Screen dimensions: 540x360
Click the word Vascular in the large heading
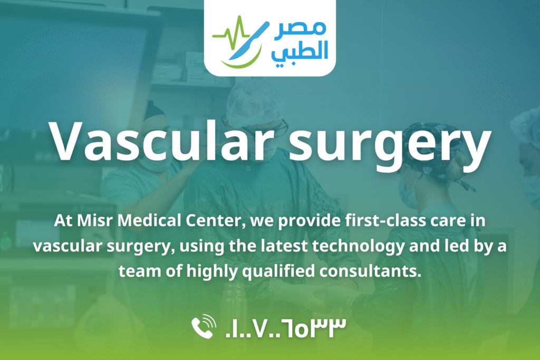(162, 142)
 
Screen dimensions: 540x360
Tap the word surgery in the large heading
(390, 147)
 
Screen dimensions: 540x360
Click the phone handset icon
(204, 326)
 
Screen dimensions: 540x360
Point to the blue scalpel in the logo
(249, 41)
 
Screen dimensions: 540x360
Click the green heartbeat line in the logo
(231, 34)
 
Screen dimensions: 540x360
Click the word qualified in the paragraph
(278, 272)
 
